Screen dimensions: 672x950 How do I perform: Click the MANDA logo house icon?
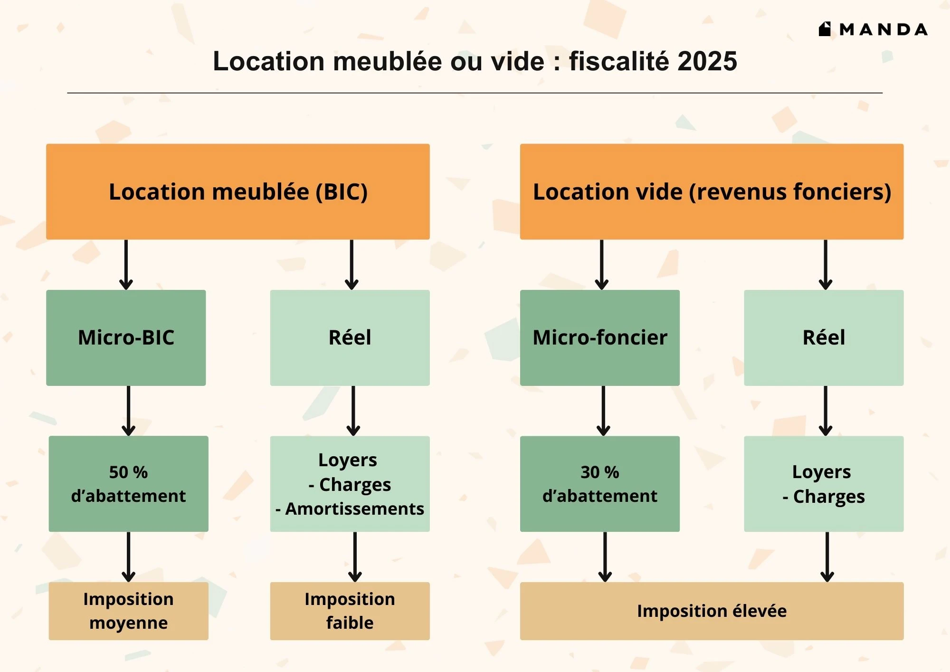(x=825, y=29)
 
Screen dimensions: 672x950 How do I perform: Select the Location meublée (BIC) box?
(x=238, y=192)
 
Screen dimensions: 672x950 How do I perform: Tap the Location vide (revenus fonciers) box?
(x=712, y=192)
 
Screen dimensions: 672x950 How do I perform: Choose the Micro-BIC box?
(x=126, y=337)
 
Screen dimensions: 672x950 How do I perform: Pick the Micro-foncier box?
(x=600, y=337)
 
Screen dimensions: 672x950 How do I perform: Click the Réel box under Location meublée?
(x=350, y=337)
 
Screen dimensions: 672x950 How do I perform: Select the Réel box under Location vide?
(x=824, y=337)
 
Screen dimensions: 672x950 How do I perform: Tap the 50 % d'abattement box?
(x=128, y=483)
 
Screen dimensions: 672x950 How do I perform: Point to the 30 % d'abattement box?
(x=600, y=483)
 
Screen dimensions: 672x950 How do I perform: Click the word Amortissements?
(x=354, y=509)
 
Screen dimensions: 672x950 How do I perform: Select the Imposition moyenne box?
(x=128, y=611)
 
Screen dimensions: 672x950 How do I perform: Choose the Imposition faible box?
(x=350, y=611)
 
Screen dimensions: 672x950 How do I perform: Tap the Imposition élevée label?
(x=712, y=611)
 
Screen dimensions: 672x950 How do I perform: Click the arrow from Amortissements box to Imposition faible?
(x=355, y=557)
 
